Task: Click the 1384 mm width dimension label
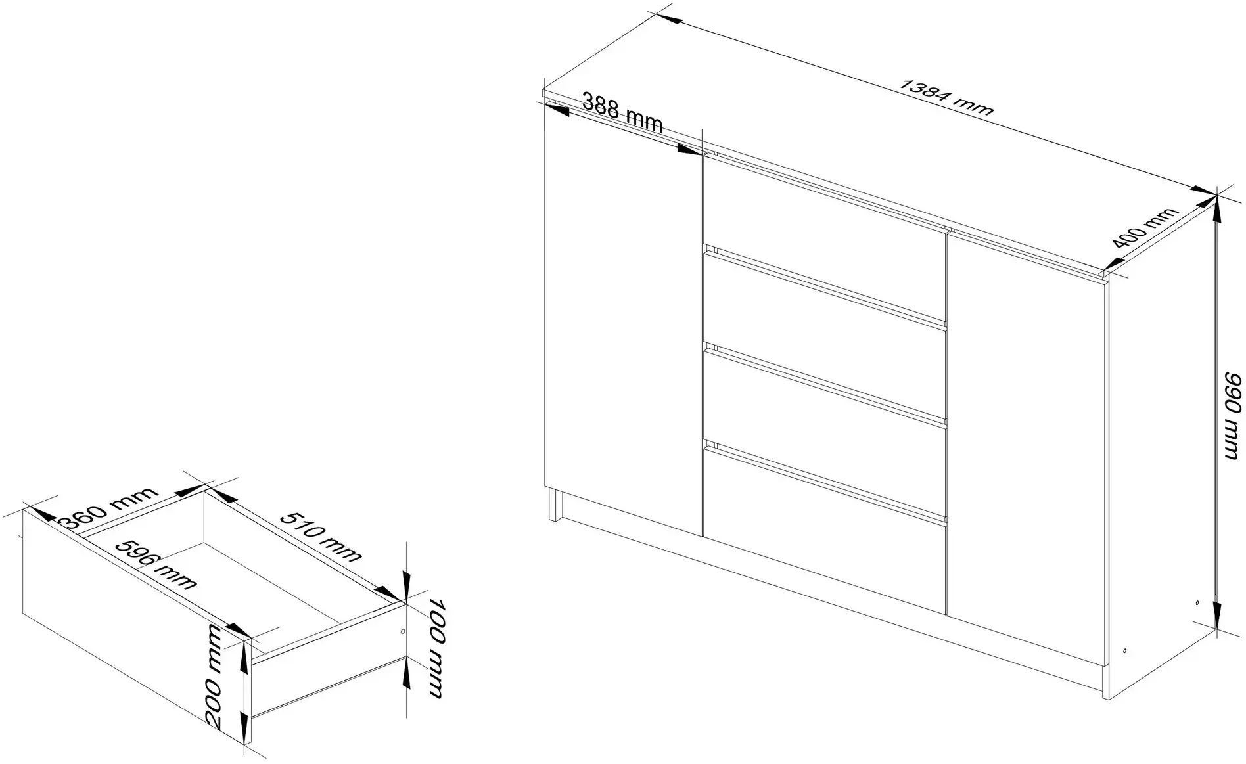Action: (946, 98)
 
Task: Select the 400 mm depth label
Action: (1144, 235)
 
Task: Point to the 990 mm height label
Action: (1233, 416)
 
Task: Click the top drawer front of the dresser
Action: (825, 207)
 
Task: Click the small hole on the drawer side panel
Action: (402, 631)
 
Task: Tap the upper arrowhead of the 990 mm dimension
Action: (1216, 209)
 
